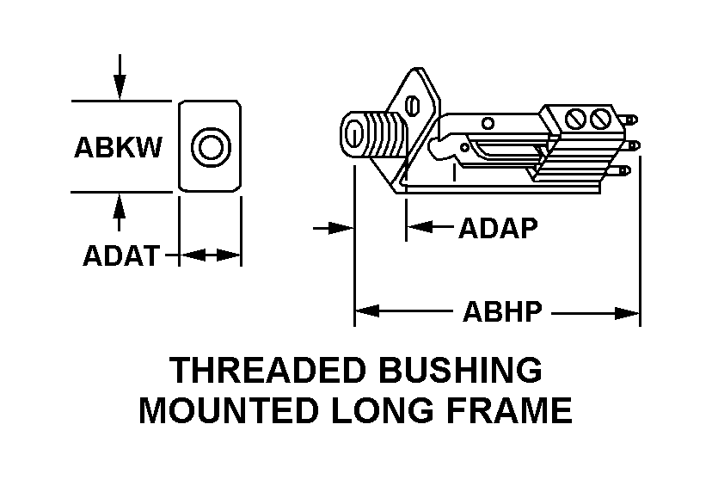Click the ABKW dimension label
pyautogui.click(x=118, y=148)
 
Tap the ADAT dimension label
pyautogui.click(x=120, y=255)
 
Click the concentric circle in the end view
pyautogui.click(x=209, y=146)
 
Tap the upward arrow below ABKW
pyautogui.click(x=120, y=211)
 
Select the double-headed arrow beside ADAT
pyautogui.click(x=209, y=255)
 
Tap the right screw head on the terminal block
pyautogui.click(x=602, y=116)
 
